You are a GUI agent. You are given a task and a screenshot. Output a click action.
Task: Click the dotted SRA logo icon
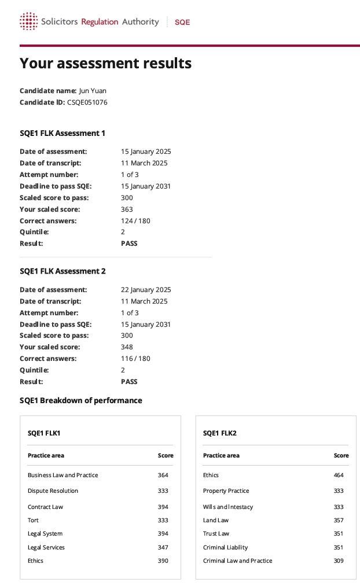coord(28,21)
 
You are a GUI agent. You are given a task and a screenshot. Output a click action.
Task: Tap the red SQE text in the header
coord(182,22)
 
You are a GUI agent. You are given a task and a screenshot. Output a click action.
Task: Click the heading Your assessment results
coord(105,63)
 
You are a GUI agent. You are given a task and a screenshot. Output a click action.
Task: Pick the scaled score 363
coord(127,209)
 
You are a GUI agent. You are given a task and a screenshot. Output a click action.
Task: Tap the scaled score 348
coord(127,347)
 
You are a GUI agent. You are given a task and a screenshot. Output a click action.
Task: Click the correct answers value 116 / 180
coord(135,359)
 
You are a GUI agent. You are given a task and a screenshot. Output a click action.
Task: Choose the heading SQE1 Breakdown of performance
coord(80,400)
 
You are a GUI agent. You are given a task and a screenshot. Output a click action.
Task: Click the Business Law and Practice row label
coord(63,475)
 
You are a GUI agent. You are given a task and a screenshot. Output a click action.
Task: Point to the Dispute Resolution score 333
coord(163,491)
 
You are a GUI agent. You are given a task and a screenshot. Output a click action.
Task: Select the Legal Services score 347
coord(163,547)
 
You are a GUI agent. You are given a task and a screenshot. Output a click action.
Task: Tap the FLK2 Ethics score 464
coord(338,475)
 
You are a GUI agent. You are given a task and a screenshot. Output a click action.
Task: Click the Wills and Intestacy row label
coord(227,507)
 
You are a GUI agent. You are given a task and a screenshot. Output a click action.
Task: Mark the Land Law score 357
coord(338,521)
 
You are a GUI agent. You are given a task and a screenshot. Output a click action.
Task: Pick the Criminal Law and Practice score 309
coord(338,561)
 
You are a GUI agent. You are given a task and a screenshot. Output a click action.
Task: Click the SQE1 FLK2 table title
coord(219,433)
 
